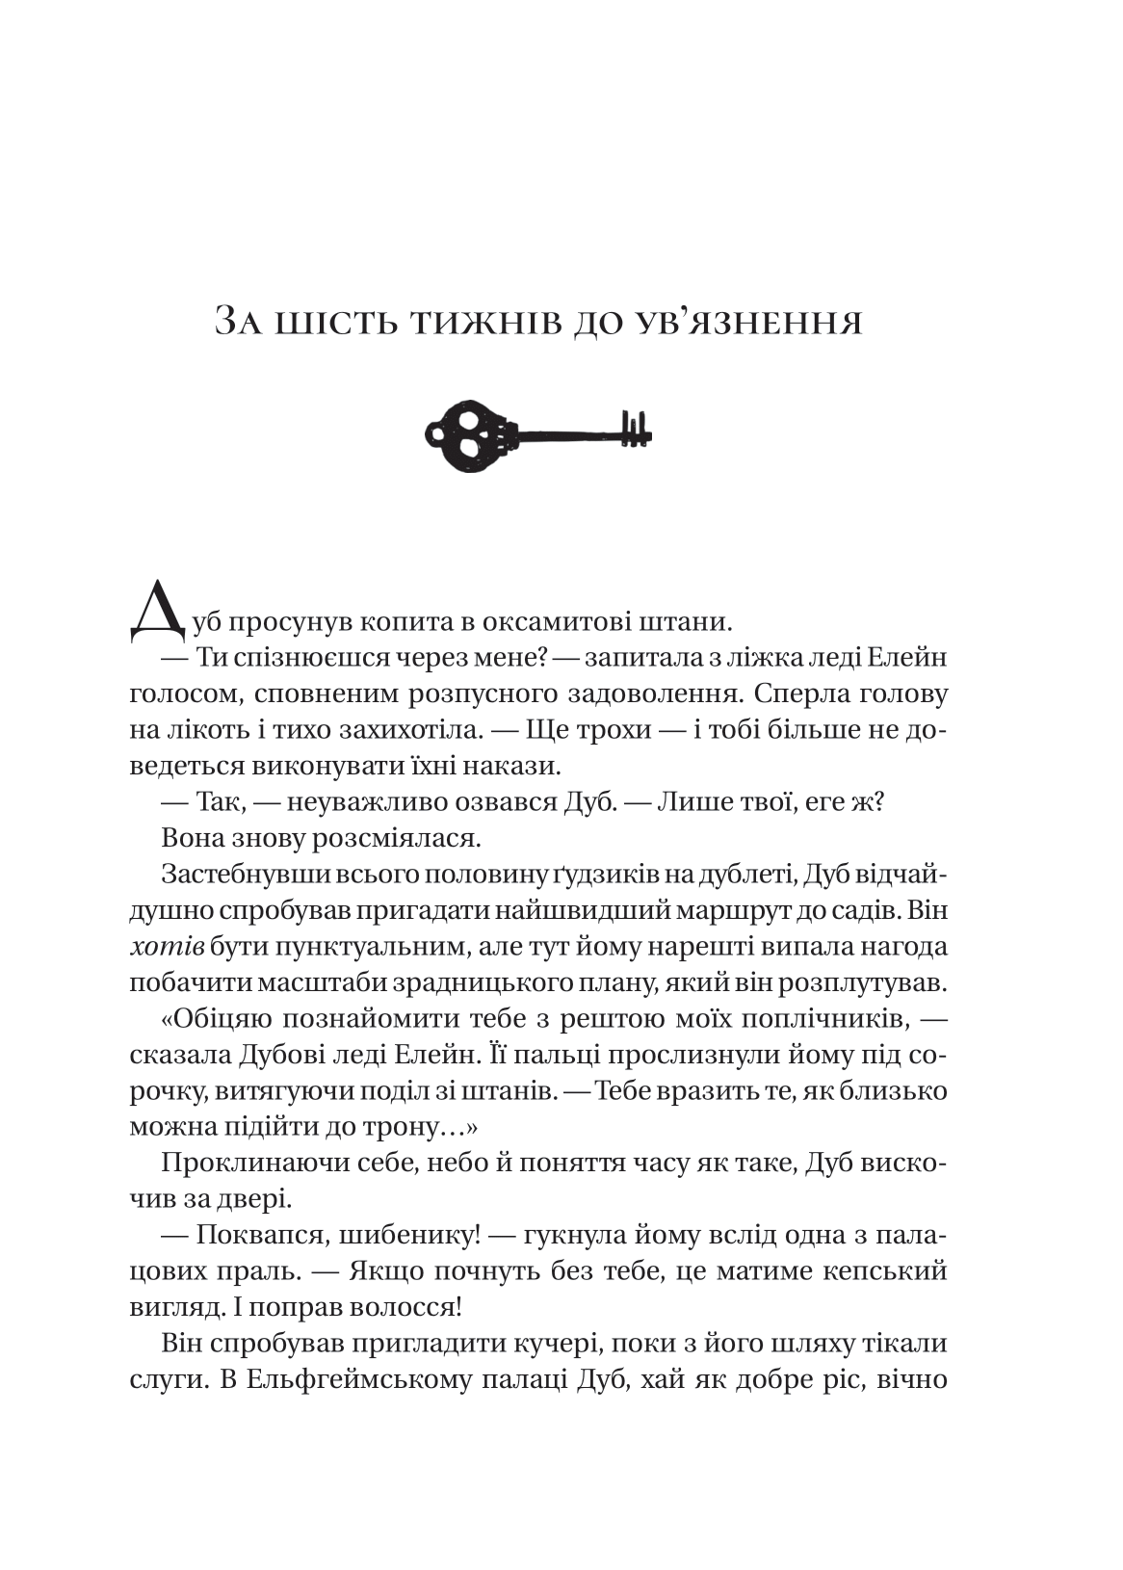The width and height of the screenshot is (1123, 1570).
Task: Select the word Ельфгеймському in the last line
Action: point(354,1378)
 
